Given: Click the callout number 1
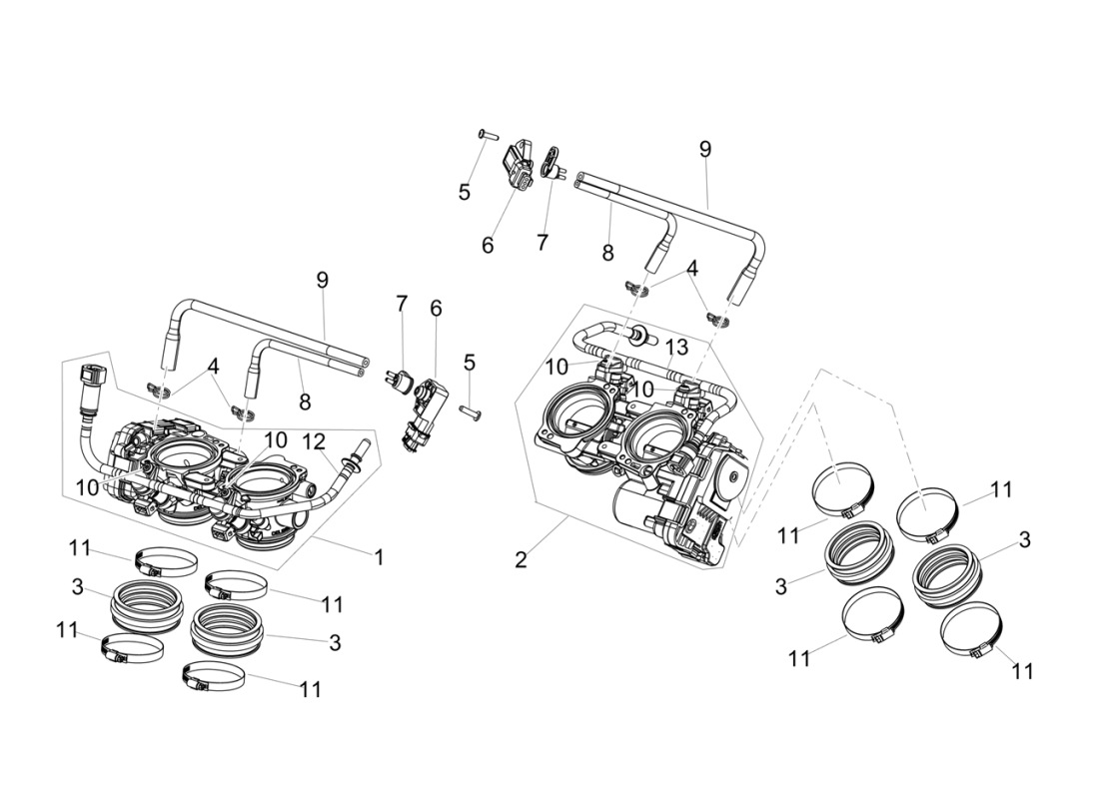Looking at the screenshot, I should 379,557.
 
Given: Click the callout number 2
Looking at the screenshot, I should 521,559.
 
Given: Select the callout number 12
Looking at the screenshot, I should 314,440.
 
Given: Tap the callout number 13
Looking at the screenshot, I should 676,347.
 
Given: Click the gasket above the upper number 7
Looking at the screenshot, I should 552,160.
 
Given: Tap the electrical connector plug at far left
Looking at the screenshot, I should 90,379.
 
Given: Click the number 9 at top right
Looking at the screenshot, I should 705,149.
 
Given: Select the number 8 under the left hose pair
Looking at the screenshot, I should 305,401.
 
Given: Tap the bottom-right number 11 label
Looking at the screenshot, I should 1022,671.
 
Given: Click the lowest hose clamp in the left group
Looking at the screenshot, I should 213,679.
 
